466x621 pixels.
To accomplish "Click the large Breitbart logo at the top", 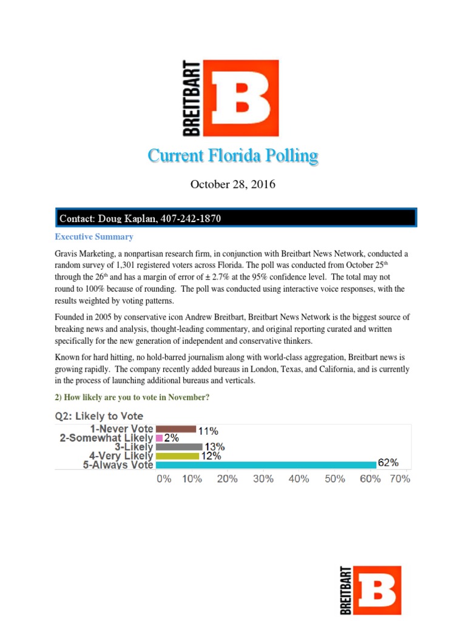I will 231,98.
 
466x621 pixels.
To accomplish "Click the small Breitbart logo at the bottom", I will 370,590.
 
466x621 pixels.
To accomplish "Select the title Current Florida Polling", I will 232,156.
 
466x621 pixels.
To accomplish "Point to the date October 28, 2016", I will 232,184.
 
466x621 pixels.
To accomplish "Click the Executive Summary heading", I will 94,237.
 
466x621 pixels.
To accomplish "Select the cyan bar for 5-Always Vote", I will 266,465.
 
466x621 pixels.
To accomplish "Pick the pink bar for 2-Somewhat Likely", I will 159,438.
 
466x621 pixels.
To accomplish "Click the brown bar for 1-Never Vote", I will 175,429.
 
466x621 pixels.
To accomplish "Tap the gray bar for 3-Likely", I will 178,447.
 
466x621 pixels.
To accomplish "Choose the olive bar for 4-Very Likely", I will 177,456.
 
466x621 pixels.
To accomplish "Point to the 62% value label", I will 388,462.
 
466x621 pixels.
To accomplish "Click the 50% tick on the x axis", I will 334,478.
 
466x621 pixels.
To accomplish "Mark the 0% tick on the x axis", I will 164,478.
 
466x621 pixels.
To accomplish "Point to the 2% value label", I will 171,438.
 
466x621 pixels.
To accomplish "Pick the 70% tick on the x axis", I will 400,478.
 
